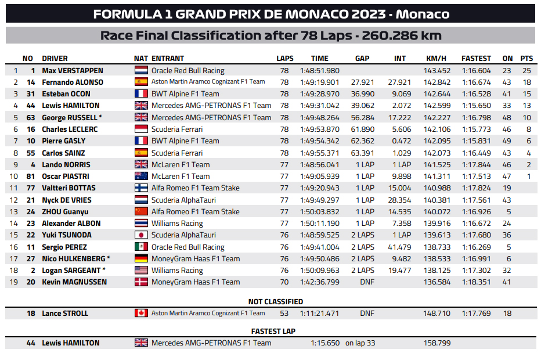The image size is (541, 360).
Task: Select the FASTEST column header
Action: (476, 59)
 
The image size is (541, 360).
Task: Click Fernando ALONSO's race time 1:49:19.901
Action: (319, 82)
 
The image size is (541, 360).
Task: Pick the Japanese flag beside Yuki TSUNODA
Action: (141, 235)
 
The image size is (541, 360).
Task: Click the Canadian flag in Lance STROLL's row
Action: (141, 314)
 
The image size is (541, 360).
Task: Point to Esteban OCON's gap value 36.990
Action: (363, 94)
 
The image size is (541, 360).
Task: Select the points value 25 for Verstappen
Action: (526, 70)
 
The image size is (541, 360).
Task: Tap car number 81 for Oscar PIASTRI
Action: (31, 176)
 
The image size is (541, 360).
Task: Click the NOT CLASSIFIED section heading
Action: (275, 302)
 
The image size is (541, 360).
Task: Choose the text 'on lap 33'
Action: (360, 343)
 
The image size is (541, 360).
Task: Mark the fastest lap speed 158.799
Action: (438, 343)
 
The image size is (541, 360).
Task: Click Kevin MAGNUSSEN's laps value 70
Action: (284, 282)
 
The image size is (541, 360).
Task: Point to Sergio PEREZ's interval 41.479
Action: (399, 247)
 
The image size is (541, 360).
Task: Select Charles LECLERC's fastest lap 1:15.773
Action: (476, 129)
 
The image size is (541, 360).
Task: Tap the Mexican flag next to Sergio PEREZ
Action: (141, 247)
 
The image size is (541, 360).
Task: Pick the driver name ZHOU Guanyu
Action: (66, 211)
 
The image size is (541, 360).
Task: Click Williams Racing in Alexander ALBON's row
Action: (177, 224)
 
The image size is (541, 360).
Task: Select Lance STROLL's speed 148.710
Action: (438, 314)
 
